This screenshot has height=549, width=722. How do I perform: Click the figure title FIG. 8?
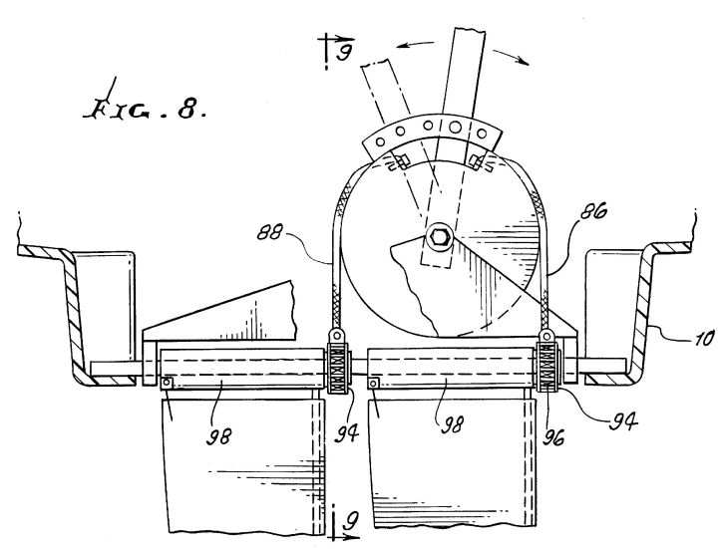coord(145,109)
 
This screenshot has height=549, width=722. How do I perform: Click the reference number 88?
coord(270,233)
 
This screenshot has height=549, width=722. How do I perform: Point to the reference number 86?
coord(593,211)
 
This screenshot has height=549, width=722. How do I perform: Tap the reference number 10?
coord(703,338)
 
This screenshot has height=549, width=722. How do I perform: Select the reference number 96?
coord(552,438)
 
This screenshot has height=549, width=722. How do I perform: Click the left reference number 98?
coord(218,435)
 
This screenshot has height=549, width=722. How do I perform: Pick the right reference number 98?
coord(453,425)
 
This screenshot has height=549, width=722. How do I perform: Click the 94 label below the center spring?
coord(346,433)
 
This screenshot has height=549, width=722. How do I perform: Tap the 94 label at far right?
coord(623,421)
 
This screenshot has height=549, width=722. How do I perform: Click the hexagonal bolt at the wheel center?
coord(438,237)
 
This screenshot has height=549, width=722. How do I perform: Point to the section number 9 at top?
coord(343,53)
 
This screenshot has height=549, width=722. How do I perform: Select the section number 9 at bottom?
coord(351,522)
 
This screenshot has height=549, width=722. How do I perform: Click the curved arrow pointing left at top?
coord(415,44)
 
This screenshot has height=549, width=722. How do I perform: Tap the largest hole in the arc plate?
coord(456,126)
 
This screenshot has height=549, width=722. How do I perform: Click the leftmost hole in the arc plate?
coord(380,141)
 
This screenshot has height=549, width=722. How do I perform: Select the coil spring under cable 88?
coord(338,369)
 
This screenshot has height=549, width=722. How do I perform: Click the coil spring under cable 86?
coord(547,367)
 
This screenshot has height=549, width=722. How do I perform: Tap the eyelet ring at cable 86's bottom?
coord(546,335)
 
